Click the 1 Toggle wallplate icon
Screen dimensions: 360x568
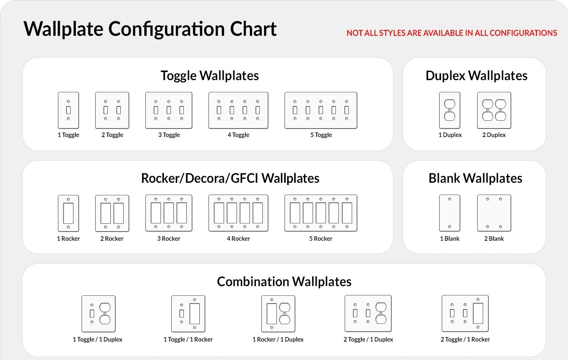(68, 110)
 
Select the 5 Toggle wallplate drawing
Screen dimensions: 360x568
(321, 110)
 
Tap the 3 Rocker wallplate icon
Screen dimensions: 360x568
(169, 213)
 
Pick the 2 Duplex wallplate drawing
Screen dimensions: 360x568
(494, 110)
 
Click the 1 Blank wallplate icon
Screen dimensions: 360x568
(450, 213)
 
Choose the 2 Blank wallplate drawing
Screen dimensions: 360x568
(494, 213)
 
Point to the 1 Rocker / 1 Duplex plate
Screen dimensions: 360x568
(278, 313)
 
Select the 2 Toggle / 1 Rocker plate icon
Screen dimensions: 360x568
(465, 313)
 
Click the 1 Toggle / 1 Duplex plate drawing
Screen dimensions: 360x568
(98, 313)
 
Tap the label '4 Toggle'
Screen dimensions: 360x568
(238, 135)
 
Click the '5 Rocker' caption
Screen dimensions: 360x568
(321, 239)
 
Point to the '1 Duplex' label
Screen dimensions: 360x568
(450, 135)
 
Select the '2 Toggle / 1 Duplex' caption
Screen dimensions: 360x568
(368, 339)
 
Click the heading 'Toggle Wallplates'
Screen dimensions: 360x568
(210, 76)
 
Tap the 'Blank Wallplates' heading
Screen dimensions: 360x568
(475, 178)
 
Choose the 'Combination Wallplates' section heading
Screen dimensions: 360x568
(284, 282)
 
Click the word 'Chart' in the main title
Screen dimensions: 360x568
(253, 29)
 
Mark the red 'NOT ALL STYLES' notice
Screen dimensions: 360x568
(451, 33)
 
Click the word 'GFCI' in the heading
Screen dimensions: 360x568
(244, 178)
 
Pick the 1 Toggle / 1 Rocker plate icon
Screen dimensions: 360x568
(188, 313)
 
